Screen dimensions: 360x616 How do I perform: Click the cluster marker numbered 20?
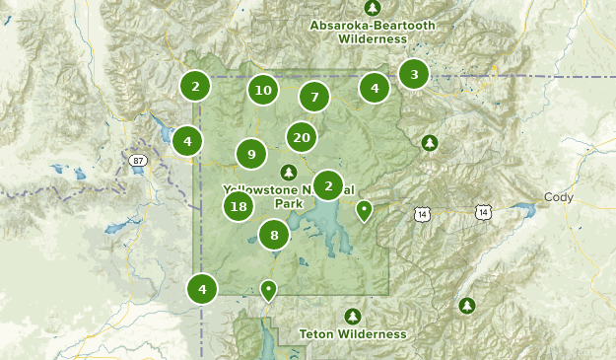[x=302, y=137]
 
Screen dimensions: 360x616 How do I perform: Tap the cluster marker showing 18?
[x=238, y=206]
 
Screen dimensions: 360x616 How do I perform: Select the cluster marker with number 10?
[x=262, y=90]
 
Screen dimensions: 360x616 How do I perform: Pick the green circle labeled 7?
[x=314, y=97]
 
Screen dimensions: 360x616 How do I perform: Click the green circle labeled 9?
[x=251, y=154]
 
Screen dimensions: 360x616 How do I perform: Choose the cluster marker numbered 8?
[x=274, y=235]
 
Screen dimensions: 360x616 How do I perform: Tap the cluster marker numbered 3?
[x=414, y=74]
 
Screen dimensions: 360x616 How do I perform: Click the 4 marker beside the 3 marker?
[x=374, y=88]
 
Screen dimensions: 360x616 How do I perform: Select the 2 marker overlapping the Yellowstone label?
[x=328, y=184]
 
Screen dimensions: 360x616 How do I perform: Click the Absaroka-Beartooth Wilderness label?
[x=358, y=32]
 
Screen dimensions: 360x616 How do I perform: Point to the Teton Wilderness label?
[x=353, y=334]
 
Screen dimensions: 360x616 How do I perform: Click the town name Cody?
[x=558, y=197]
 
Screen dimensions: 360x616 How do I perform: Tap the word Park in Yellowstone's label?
[x=289, y=203]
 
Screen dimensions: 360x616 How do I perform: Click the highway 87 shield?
[x=136, y=159]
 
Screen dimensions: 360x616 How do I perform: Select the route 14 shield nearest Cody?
[x=483, y=212]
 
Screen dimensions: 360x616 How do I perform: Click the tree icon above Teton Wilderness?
[x=353, y=316]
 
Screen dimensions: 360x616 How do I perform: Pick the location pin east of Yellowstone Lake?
[x=365, y=209]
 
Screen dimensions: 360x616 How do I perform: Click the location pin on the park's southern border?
[x=268, y=290]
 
